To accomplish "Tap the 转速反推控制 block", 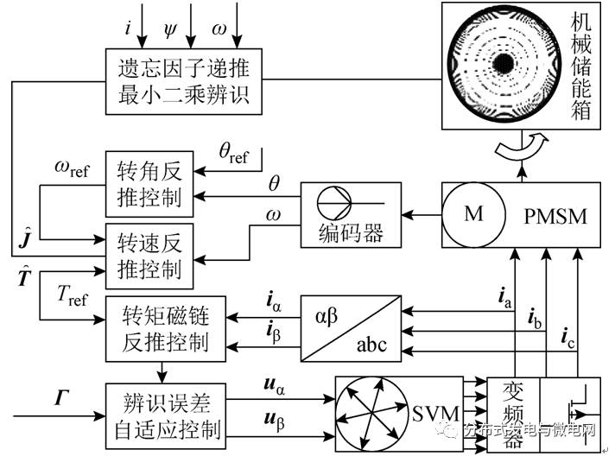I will click(149, 256).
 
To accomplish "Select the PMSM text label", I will click(554, 216).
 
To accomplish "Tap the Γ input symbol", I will click(62, 398).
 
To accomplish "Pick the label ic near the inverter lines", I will click(567, 337).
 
